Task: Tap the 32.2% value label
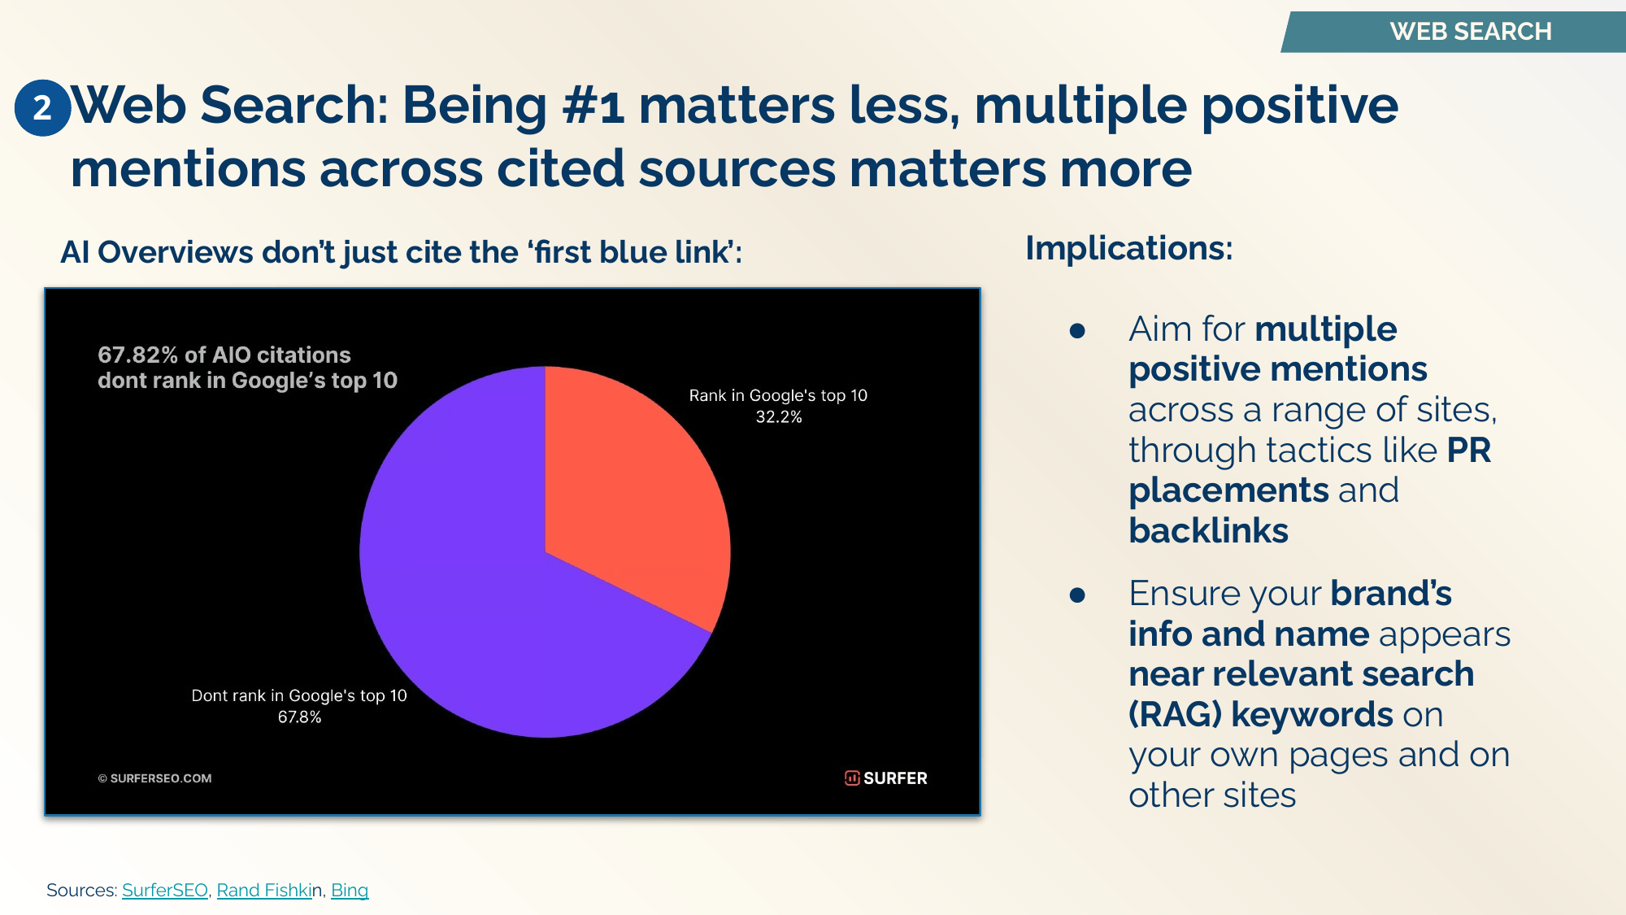[x=778, y=417]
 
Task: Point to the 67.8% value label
[x=299, y=717]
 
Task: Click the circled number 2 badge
[x=42, y=107]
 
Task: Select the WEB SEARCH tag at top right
[x=1470, y=32]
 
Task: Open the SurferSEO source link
[x=164, y=891]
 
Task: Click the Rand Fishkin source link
[x=264, y=891]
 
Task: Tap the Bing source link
[x=350, y=891]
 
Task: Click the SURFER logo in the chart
[x=885, y=778]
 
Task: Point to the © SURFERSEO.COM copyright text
[x=154, y=778]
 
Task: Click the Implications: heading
[x=1128, y=248]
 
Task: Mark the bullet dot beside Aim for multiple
[x=1077, y=330]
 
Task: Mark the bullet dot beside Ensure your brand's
[x=1077, y=595]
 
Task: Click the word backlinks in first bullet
[x=1208, y=531]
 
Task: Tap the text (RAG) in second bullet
[x=1175, y=715]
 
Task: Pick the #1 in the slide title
[x=593, y=107]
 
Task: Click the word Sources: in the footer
[x=81, y=891]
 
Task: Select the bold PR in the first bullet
[x=1468, y=451]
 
